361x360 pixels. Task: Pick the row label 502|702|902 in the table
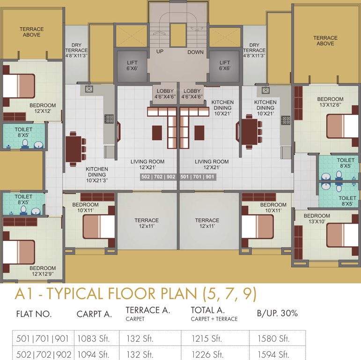41,354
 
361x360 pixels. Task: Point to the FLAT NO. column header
34,314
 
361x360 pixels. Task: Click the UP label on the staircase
160,52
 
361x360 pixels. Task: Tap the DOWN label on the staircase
196,52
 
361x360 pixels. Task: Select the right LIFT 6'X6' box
225,66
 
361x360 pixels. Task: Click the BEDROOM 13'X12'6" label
330,102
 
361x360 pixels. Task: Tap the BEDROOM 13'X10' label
317,219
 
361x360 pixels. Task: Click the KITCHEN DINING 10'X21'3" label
97,175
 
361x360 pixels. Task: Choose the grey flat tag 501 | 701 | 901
197,177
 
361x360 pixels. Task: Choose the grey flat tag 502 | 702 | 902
158,177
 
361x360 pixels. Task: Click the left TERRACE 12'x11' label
147,223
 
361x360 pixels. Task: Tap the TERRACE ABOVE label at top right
325,40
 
